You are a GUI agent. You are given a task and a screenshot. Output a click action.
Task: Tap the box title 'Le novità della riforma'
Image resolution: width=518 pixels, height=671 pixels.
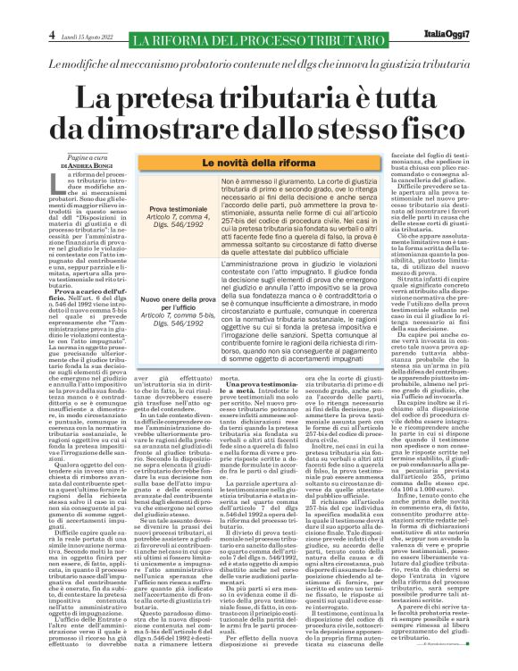tap(260, 164)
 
